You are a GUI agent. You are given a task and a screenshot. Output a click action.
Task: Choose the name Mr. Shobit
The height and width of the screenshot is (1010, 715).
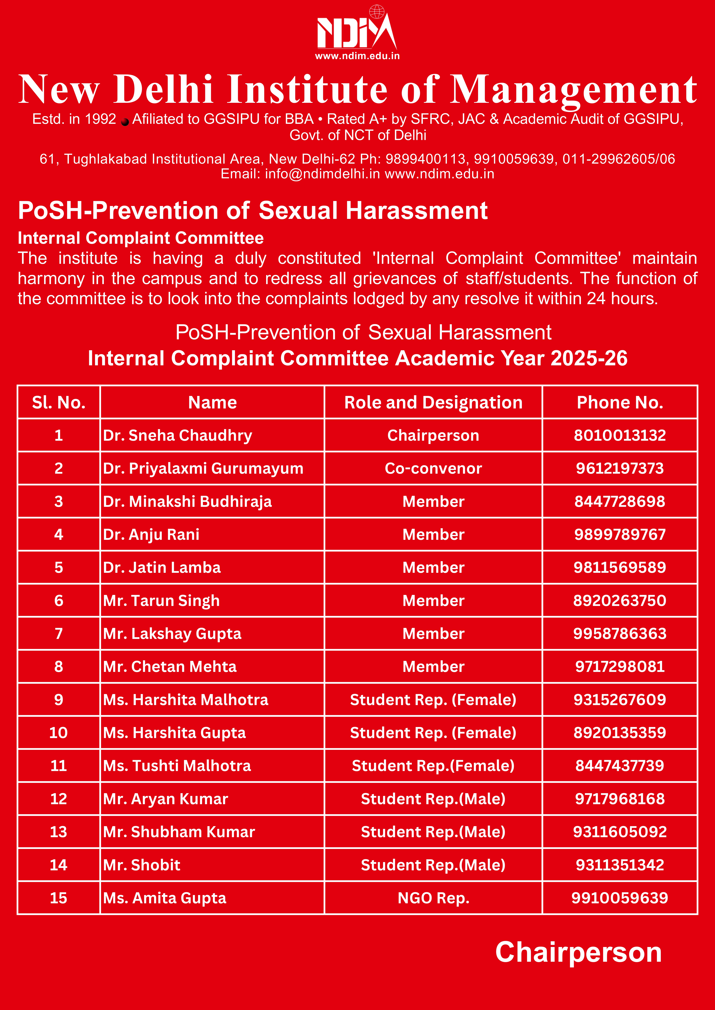coord(142,865)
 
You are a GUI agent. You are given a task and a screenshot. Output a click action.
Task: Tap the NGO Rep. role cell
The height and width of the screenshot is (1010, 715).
coord(433,898)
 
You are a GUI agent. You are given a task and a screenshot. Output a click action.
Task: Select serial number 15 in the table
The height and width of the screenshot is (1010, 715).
coord(59,898)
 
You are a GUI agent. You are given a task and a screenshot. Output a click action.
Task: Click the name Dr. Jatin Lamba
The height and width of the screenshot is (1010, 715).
coord(162,567)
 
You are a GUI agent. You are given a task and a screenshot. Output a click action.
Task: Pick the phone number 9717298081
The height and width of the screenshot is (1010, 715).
coord(619,666)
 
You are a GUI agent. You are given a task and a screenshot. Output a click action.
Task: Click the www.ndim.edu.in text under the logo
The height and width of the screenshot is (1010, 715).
coord(357,56)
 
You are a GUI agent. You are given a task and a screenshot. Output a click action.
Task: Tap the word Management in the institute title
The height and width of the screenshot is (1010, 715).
coord(573,90)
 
